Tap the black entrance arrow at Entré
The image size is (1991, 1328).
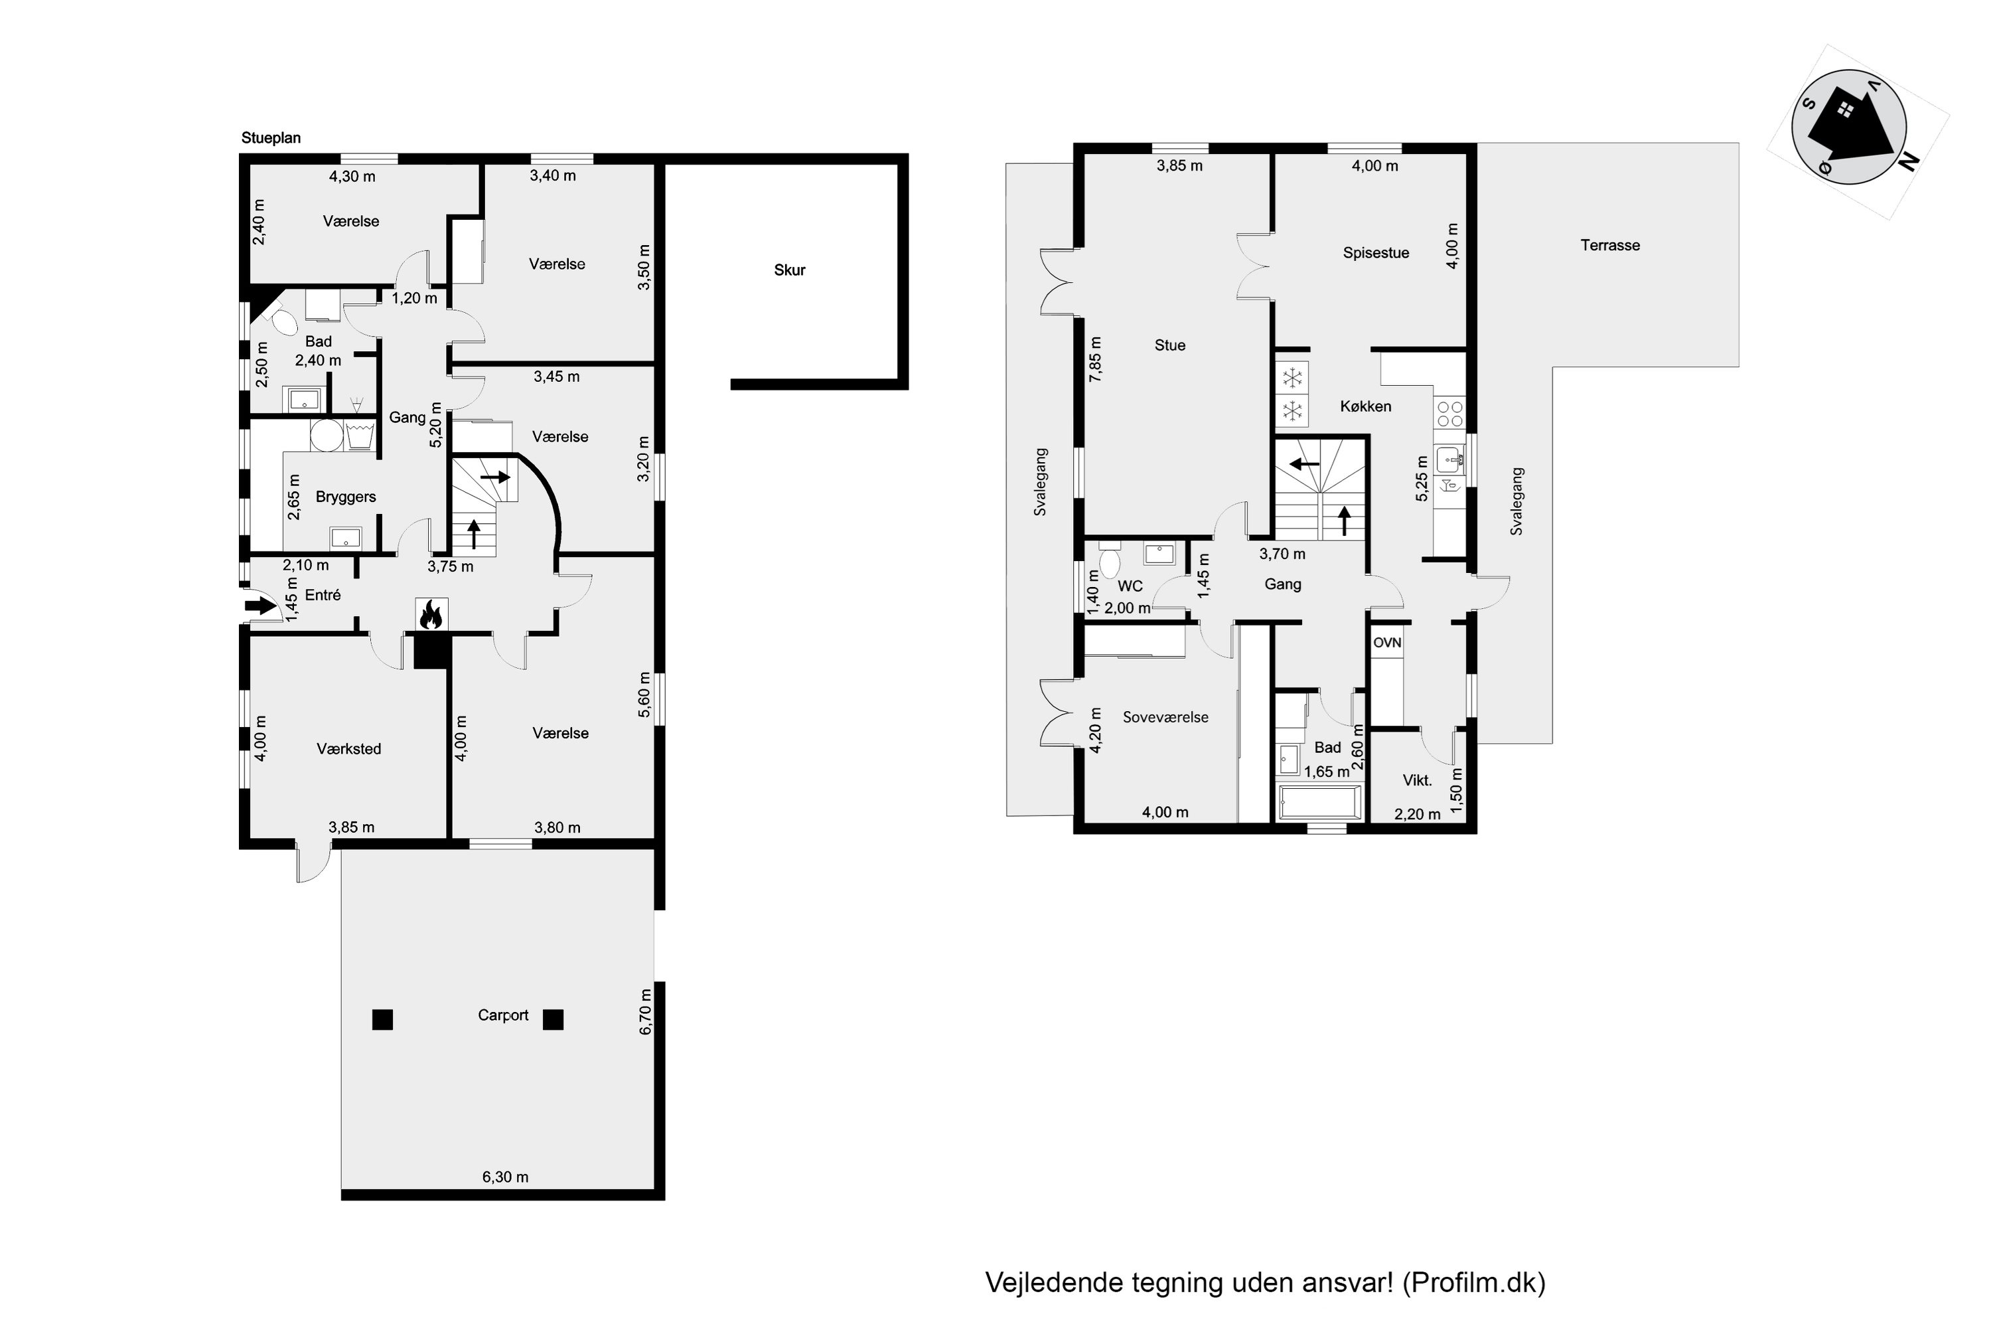click(261, 606)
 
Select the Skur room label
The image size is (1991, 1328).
click(790, 270)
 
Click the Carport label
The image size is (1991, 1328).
click(503, 1015)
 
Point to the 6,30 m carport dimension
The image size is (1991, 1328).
click(505, 1177)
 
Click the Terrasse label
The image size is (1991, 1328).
click(1610, 246)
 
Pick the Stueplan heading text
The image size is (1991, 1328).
click(271, 138)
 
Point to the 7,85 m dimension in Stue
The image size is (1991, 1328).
click(1096, 360)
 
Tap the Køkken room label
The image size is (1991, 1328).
click(1365, 406)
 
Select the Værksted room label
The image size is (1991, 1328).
click(349, 749)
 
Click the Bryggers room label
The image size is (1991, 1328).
click(345, 497)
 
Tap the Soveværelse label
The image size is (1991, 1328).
click(1165, 717)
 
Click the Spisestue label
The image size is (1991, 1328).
click(1376, 253)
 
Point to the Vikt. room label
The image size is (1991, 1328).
click(1417, 780)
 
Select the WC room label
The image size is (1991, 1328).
click(1130, 586)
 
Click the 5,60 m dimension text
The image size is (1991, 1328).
click(645, 695)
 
